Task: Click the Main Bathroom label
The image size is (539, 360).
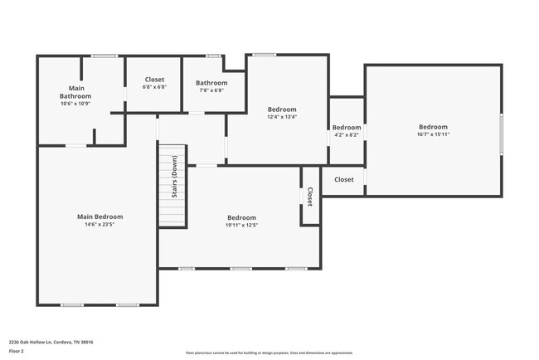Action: [x=75, y=91]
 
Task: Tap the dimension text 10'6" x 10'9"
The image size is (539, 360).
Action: [x=75, y=104]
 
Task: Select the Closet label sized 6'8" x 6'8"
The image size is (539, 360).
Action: [x=154, y=80]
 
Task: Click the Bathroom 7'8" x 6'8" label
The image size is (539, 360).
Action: [x=211, y=83]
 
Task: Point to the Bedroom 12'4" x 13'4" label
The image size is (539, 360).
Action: [x=282, y=109]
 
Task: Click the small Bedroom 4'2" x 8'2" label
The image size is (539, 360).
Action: [x=346, y=128]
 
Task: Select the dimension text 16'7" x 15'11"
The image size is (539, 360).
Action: [x=433, y=134]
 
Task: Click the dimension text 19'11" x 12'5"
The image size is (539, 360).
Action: [x=241, y=225]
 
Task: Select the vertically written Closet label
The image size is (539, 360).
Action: [x=310, y=197]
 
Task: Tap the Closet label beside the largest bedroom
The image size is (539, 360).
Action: [x=343, y=179]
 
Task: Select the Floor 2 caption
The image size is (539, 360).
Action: [x=16, y=351]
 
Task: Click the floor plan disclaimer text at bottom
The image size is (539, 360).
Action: [x=269, y=352]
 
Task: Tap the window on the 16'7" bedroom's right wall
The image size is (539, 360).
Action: [x=501, y=134]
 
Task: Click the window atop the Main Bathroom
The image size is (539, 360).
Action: [x=104, y=56]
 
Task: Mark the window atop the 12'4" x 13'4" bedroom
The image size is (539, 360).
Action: [x=265, y=56]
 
